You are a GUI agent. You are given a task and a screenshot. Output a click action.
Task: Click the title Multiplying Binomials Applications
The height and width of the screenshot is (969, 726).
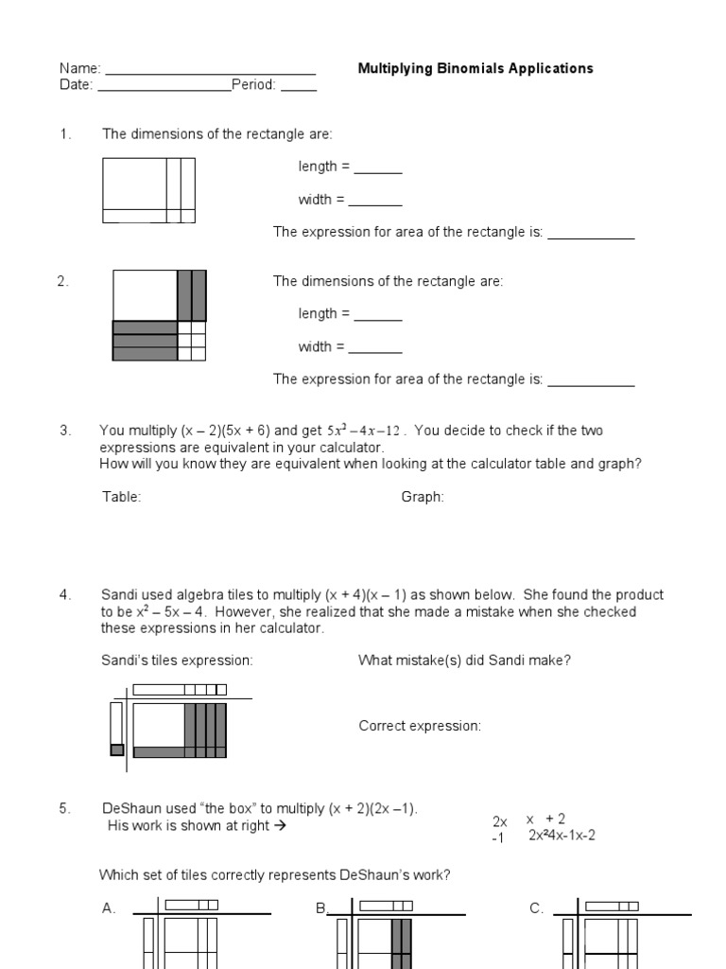tap(475, 68)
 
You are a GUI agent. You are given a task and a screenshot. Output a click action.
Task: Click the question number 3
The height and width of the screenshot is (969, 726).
tap(65, 431)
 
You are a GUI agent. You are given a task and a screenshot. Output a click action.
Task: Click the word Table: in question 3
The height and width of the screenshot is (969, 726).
tap(122, 497)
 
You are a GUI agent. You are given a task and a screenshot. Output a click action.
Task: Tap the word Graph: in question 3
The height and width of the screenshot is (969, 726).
tap(423, 497)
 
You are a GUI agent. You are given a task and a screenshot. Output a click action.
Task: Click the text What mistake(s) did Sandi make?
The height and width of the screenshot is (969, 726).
tap(464, 661)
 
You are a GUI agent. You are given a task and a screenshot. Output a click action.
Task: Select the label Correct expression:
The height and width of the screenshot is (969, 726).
tap(420, 726)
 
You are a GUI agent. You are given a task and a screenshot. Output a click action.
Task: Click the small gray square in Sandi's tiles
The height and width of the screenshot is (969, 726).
tap(117, 750)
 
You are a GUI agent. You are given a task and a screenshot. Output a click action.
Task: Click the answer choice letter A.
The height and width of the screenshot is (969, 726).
tap(109, 908)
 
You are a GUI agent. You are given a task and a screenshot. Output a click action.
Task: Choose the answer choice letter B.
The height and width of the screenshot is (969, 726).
tap(320, 908)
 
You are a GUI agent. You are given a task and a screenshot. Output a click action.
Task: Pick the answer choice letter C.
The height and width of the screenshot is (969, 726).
tap(536, 908)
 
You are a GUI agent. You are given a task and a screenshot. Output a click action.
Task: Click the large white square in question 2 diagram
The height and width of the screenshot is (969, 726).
tap(145, 295)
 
